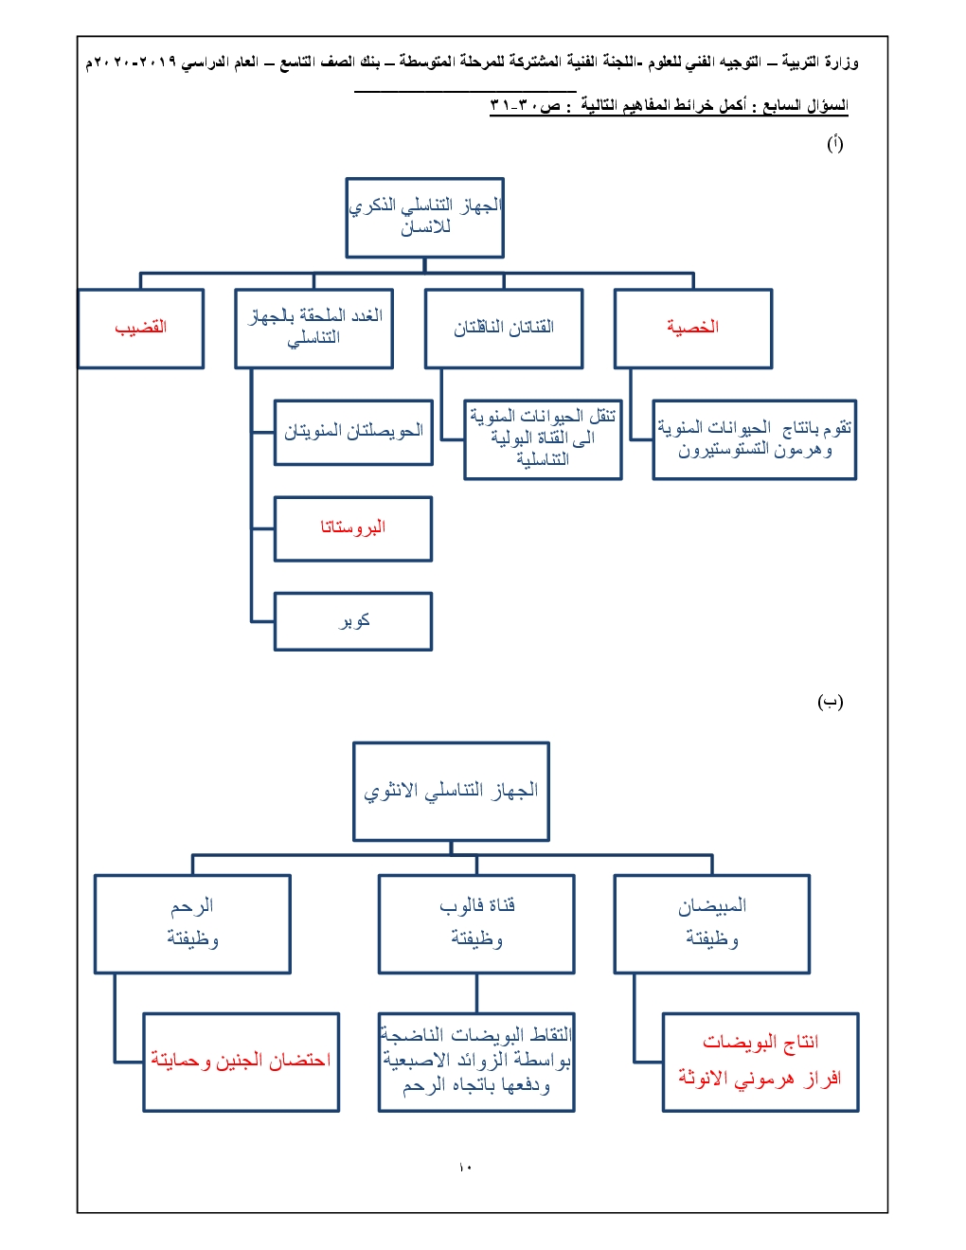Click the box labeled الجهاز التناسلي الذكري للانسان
click(x=424, y=217)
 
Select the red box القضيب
click(x=141, y=328)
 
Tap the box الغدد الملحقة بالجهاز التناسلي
click(x=313, y=328)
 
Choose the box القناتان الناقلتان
click(x=504, y=328)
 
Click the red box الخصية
click(x=693, y=328)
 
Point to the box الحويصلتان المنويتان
click(x=353, y=432)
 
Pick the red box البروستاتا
click(x=353, y=528)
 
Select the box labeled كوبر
click(x=353, y=621)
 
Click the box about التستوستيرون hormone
click(x=755, y=439)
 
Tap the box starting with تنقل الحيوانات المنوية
click(x=543, y=439)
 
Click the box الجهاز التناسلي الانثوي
click(x=451, y=791)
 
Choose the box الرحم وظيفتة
click(x=192, y=923)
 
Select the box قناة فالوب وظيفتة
click(x=476, y=923)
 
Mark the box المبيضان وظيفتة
click(x=712, y=923)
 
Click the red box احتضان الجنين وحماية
click(x=241, y=1062)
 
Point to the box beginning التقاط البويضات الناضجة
click(x=476, y=1062)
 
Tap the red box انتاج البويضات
click(x=760, y=1062)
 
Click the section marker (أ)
click(x=834, y=144)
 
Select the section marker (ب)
click(x=830, y=702)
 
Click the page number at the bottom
click(x=465, y=1168)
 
